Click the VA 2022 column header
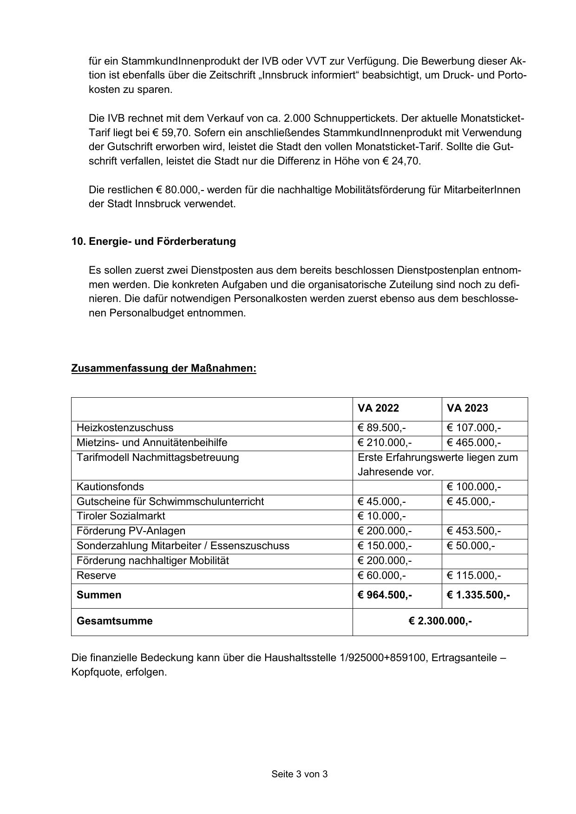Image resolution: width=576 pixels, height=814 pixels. pyautogui.click(x=378, y=408)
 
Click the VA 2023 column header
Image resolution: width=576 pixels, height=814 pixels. pyautogui.click(x=467, y=408)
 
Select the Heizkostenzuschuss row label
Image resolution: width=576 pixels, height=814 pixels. pyautogui.click(x=125, y=427)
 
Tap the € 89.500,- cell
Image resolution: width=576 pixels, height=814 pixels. pyautogui.click(x=382, y=427)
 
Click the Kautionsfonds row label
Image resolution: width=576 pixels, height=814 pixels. pyautogui.click(x=110, y=486)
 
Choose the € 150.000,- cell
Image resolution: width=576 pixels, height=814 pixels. pyautogui.click(x=385, y=545)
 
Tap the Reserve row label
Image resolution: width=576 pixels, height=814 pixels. pyautogui.click(x=96, y=575)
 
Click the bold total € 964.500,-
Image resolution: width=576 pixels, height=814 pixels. pyautogui.click(x=385, y=595)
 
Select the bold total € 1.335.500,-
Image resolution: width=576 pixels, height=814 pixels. pyautogui.click(x=478, y=595)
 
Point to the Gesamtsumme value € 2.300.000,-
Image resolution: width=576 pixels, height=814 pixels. pyautogui.click(x=440, y=621)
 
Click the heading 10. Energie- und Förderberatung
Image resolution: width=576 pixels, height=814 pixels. pyautogui.click(x=153, y=242)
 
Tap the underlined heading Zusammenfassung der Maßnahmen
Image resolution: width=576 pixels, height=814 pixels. pyautogui.click(x=164, y=368)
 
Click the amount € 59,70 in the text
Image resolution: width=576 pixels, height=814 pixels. pyautogui.click(x=171, y=133)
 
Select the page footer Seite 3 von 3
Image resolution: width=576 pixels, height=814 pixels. pyautogui.click(x=300, y=774)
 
